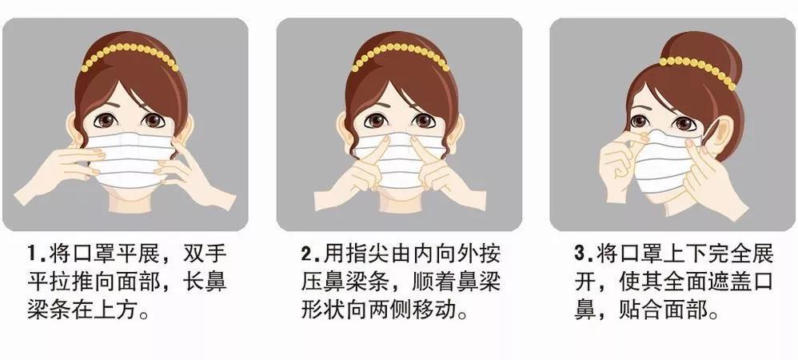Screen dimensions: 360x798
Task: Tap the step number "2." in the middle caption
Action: (311, 255)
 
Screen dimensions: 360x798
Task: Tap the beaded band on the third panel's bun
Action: (696, 69)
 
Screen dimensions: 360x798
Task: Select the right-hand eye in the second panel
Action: (424, 122)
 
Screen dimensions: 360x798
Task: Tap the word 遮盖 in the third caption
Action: (708, 282)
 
